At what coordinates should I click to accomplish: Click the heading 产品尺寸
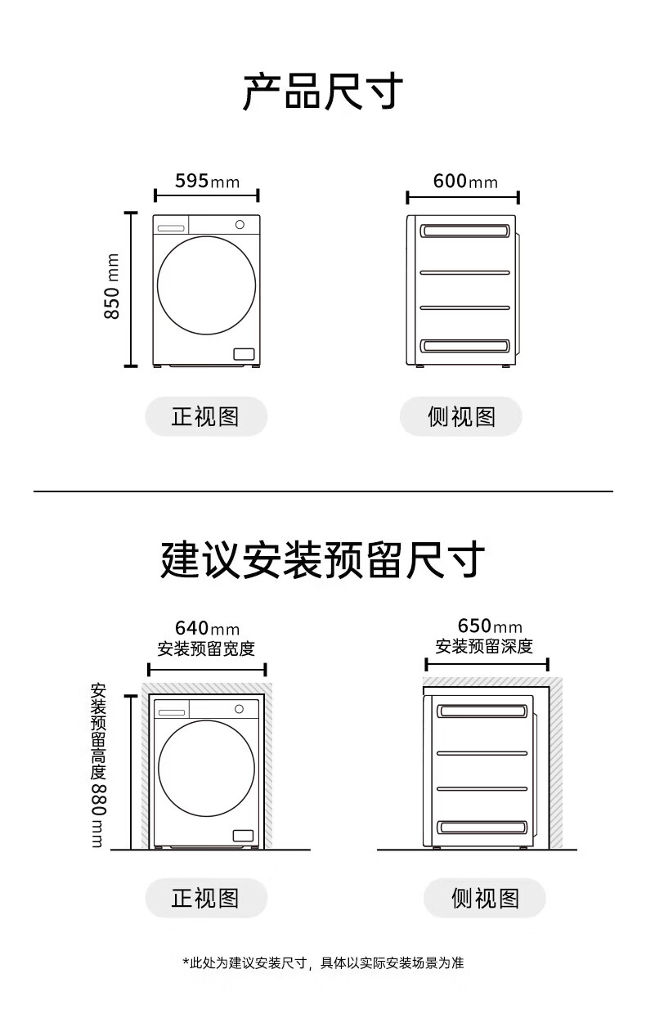tap(323, 92)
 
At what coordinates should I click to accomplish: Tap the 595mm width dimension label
tap(207, 181)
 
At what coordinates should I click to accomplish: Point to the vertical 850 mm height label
tap(112, 286)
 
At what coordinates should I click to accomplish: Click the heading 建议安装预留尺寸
tap(323, 560)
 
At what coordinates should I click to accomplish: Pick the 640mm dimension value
tap(207, 628)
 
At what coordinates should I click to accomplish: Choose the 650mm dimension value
tap(489, 626)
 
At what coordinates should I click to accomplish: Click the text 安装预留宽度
tap(206, 649)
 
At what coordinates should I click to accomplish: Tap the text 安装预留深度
tap(484, 647)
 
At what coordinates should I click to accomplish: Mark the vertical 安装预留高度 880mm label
tap(98, 765)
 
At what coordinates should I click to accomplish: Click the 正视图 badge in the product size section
tap(206, 417)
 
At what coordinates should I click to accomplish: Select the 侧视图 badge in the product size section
tap(461, 417)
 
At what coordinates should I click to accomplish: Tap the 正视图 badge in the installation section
tap(206, 899)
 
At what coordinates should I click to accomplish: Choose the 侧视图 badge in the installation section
tap(484, 899)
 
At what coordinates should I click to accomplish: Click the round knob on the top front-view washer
tap(240, 224)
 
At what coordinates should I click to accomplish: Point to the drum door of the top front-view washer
tap(206, 285)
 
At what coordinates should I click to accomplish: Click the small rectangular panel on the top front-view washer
tap(244, 354)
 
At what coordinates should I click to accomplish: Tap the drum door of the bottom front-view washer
tap(206, 769)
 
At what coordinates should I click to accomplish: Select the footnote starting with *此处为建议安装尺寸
tap(323, 963)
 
